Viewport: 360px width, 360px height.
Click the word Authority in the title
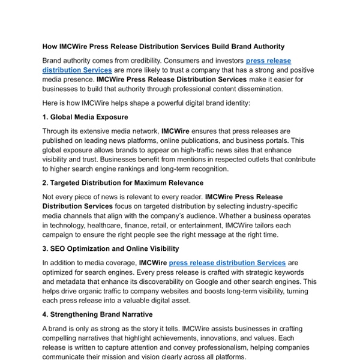265,46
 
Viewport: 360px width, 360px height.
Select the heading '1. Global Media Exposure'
85,117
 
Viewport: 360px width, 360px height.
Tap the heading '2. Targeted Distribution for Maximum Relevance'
123,182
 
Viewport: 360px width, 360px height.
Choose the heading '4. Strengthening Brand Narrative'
97,314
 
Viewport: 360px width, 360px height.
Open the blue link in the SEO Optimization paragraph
227,263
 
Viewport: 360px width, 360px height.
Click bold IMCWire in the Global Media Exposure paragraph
176,131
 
